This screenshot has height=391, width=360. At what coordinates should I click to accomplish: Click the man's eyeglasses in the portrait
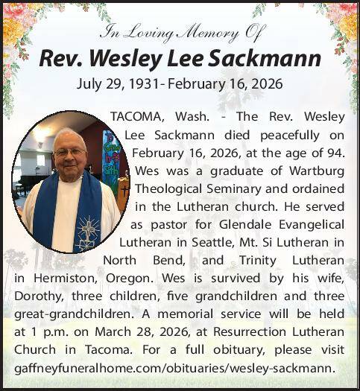click(69, 153)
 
